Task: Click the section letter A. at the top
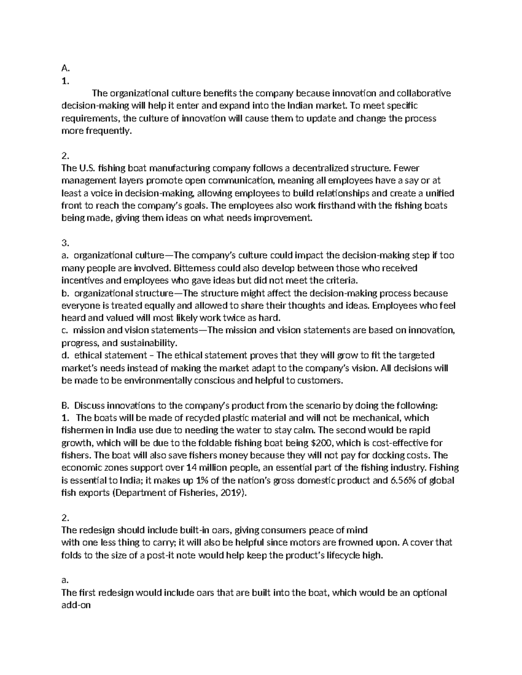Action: coord(66,68)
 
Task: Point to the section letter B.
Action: coord(66,406)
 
